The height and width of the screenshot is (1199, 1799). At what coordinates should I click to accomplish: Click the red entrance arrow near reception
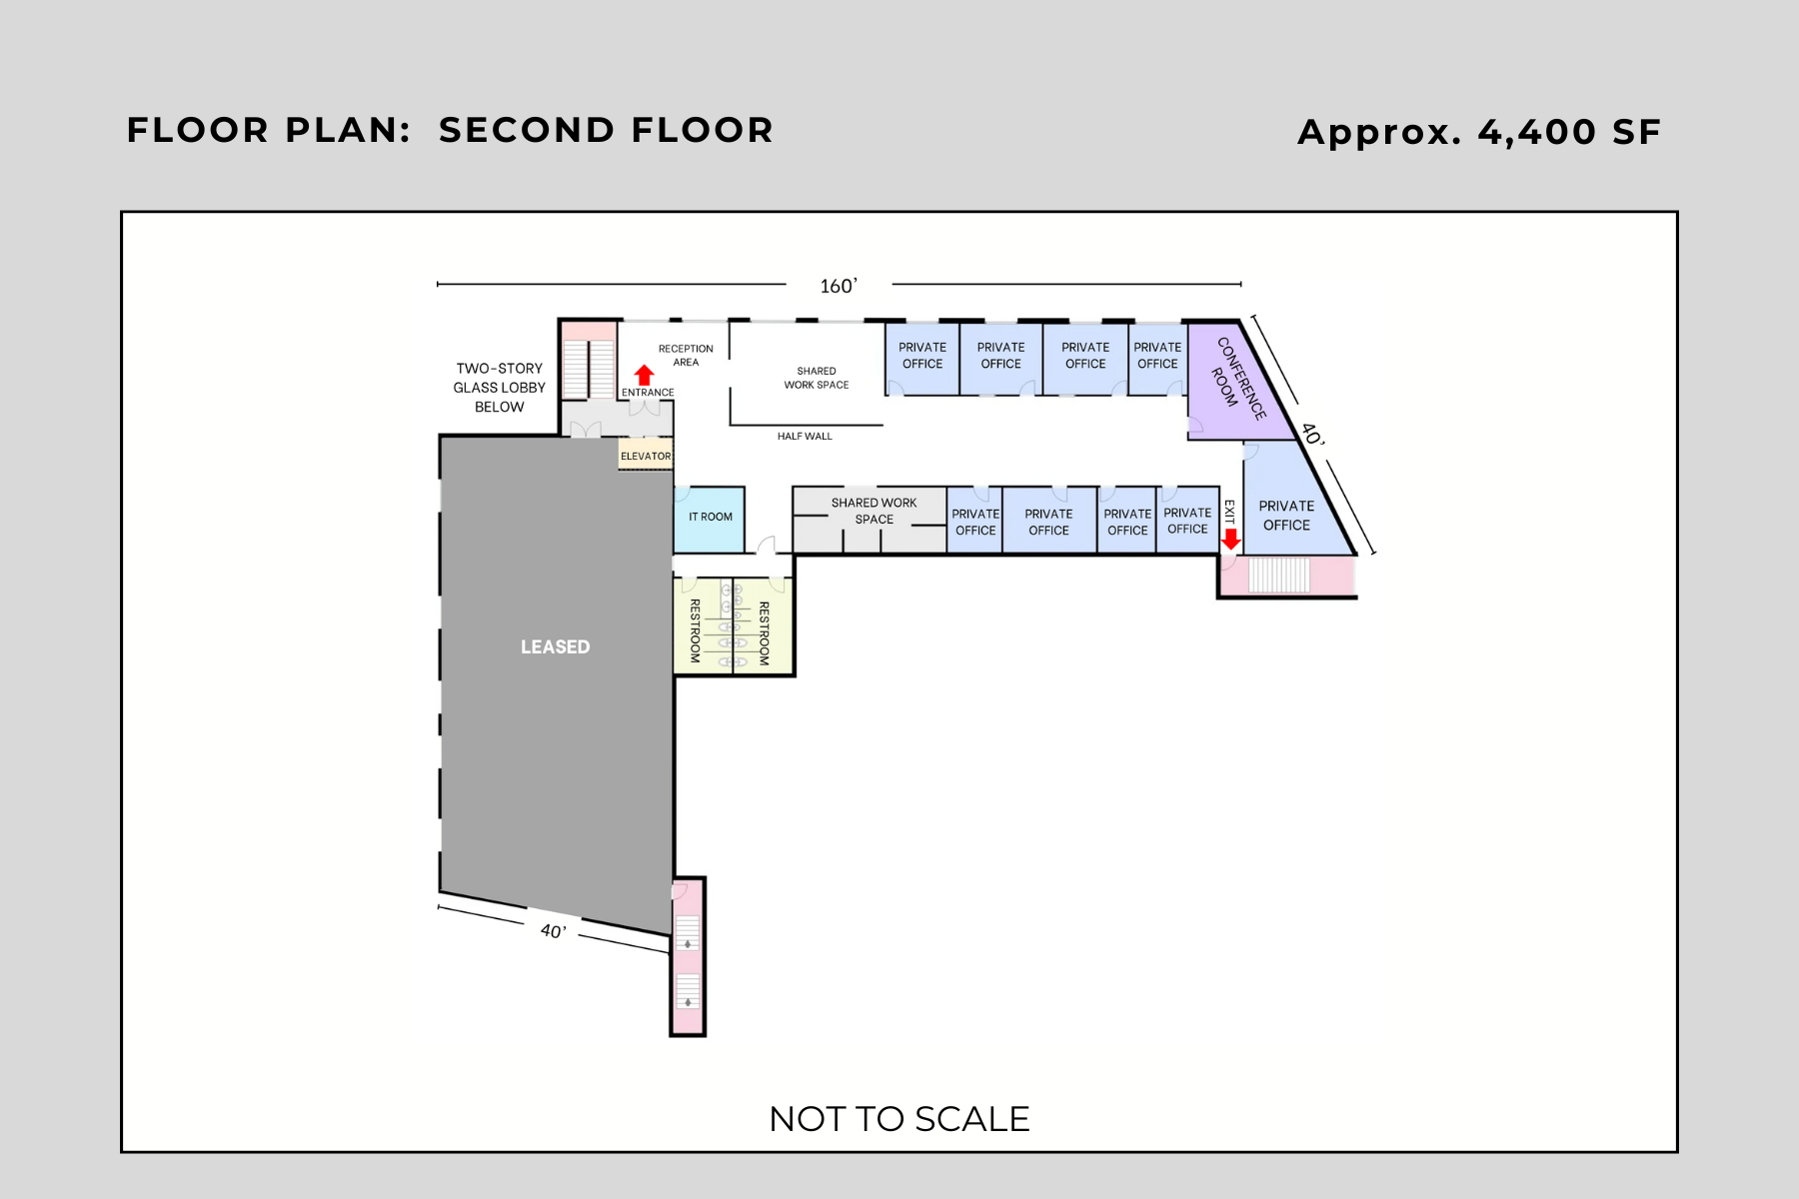tap(645, 376)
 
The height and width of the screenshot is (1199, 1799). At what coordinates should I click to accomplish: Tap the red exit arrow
tap(1231, 539)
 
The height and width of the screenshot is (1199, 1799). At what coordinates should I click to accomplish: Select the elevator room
tap(646, 456)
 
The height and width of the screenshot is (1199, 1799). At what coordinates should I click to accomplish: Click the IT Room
tap(710, 518)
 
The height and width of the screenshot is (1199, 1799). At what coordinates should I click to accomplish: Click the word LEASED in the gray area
tap(555, 647)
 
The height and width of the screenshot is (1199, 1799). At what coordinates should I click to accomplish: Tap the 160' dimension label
tap(839, 287)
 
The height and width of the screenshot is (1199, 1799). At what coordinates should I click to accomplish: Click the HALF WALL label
tap(805, 437)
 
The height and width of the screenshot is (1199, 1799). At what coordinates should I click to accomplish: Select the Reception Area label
tap(686, 356)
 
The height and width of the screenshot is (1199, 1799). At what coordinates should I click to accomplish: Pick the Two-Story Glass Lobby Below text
tap(499, 388)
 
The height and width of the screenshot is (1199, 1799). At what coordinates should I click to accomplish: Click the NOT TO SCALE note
tap(899, 1119)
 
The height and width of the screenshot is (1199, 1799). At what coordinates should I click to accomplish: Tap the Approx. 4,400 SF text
tap(1478, 132)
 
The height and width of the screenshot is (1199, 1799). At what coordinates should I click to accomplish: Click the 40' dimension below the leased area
tap(553, 931)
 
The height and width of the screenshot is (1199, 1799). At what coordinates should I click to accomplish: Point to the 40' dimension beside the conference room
tap(1312, 435)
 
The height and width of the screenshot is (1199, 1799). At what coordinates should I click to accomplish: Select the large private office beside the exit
tap(1286, 516)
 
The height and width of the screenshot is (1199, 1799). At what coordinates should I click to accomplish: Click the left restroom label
tap(695, 630)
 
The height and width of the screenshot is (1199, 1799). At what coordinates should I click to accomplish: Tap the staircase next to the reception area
tap(588, 369)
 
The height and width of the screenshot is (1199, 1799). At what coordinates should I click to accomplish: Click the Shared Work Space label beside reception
tap(816, 378)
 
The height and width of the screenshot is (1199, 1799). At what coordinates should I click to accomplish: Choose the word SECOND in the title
tap(526, 130)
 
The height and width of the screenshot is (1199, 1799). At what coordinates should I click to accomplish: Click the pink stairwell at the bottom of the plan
tap(688, 959)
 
